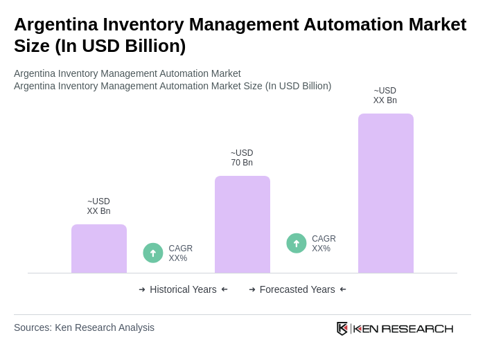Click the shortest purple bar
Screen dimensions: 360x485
(99, 249)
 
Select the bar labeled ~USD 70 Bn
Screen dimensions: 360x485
(242, 224)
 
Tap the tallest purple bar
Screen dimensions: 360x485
(385, 193)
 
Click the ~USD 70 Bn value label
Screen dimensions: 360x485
(242, 158)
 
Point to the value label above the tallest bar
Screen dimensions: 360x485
(385, 96)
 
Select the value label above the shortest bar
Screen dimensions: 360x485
(98, 206)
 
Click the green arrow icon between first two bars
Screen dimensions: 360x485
(153, 253)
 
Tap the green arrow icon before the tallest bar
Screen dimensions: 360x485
(297, 243)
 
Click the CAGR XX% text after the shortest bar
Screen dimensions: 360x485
(180, 253)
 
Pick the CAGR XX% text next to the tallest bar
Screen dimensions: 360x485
(324, 244)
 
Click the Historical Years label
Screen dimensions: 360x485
(183, 289)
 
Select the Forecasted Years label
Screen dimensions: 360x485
(297, 289)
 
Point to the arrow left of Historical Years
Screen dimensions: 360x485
(142, 289)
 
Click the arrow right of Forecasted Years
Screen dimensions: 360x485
(343, 289)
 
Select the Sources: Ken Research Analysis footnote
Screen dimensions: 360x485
(84, 327)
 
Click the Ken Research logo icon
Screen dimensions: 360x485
(342, 328)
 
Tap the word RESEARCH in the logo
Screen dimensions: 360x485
(417, 328)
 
